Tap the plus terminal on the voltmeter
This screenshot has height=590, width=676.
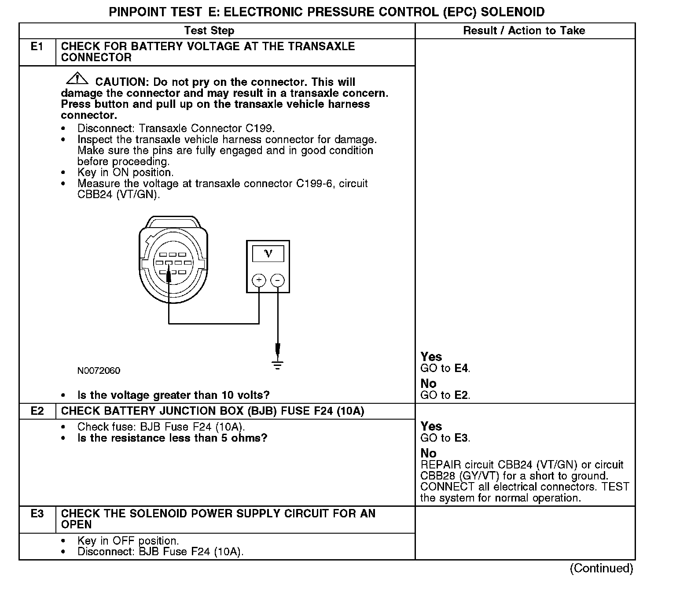point(259,280)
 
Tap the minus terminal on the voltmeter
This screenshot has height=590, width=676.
point(277,280)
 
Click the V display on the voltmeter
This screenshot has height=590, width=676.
point(268,254)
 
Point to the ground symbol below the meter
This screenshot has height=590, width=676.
point(277,365)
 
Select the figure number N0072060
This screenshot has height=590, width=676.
point(99,371)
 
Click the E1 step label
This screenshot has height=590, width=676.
point(37,47)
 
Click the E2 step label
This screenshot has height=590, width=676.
point(37,411)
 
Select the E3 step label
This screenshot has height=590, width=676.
point(37,514)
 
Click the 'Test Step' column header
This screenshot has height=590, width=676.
point(209,31)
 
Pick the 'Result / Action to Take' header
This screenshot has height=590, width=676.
point(524,31)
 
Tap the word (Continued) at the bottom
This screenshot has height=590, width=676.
point(601,568)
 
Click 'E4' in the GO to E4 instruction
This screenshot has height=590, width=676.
point(461,369)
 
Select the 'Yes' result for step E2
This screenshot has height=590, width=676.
point(431,426)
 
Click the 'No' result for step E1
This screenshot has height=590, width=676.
point(428,383)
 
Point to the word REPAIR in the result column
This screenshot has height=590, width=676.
point(441,465)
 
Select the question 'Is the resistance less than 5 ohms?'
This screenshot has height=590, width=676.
point(172,438)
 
